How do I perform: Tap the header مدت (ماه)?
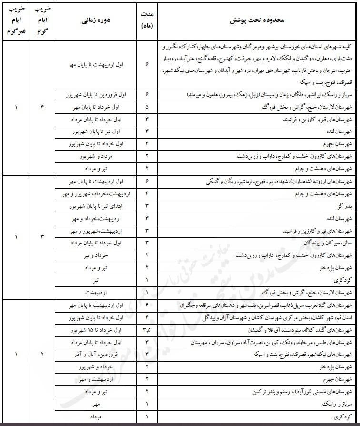click(x=147, y=21)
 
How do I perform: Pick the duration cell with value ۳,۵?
click(x=147, y=330)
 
